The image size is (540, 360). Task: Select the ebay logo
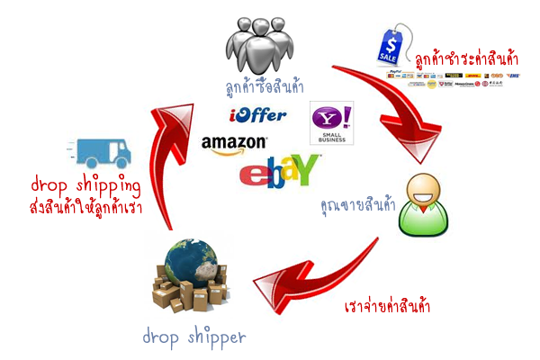(x=280, y=168)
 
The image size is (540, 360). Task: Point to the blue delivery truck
(x=101, y=154)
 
